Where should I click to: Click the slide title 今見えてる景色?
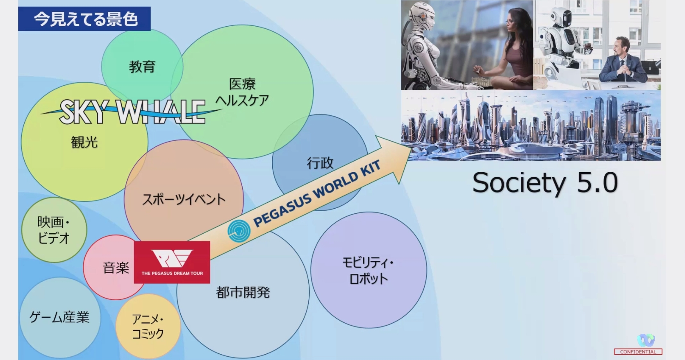(86, 19)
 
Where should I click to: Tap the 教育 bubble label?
(142, 66)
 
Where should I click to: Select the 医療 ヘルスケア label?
(242, 92)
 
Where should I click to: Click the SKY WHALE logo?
(132, 112)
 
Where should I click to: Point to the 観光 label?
(84, 142)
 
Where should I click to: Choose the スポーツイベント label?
(184, 199)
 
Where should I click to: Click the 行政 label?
(320, 163)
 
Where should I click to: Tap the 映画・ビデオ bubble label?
(54, 230)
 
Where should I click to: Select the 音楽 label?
(116, 268)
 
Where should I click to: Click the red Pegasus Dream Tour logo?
(172, 262)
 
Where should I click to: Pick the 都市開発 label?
(243, 292)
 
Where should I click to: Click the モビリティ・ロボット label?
(369, 270)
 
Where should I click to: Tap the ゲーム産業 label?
(59, 317)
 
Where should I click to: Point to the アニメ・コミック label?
(148, 326)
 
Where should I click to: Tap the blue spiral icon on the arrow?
(239, 231)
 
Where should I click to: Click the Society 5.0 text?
(545, 182)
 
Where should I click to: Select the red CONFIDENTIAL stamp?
(638, 352)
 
